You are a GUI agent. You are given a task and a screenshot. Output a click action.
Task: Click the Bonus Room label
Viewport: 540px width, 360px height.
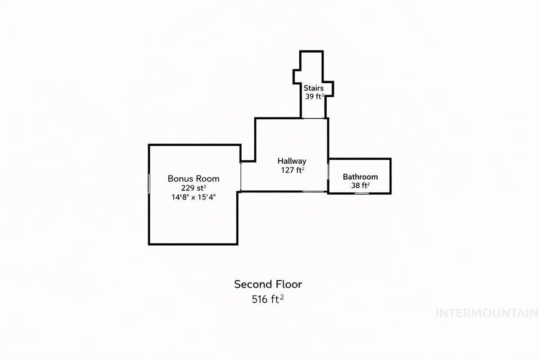coord(193,179)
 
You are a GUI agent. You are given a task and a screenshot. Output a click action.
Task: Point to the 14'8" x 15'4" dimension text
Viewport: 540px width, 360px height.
coord(193,197)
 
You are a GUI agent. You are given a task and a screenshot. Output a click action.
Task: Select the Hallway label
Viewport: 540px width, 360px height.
coord(292,161)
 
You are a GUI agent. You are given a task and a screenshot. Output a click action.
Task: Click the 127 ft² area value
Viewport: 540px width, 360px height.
coord(292,170)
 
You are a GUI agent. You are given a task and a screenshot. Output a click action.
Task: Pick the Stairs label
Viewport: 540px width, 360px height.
coord(313,88)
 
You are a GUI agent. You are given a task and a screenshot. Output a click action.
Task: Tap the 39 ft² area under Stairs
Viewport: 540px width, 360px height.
coord(315,96)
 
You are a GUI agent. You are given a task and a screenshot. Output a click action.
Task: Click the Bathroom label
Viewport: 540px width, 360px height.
coord(360,177)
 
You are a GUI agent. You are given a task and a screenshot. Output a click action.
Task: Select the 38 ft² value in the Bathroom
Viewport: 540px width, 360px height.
coord(360,185)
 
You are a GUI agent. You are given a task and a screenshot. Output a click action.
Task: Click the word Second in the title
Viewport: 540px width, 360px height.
coord(251,284)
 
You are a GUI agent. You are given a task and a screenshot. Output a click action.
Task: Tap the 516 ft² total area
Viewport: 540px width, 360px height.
coord(268,299)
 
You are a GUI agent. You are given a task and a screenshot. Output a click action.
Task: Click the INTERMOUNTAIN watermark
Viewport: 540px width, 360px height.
coord(487,314)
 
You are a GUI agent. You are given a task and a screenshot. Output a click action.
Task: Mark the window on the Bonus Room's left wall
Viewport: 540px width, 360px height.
coord(149,184)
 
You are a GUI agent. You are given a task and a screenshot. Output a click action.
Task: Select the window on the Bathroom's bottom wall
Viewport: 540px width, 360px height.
coord(362,193)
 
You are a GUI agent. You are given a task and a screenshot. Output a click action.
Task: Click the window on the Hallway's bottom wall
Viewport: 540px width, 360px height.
coord(313,191)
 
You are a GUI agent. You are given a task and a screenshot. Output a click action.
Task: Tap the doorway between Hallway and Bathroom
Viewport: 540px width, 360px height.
coord(328,171)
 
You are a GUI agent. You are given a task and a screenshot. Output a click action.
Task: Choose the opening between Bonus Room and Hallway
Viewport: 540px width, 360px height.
coord(241,177)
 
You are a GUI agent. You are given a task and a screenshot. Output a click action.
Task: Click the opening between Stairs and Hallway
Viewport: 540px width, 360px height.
coord(313,118)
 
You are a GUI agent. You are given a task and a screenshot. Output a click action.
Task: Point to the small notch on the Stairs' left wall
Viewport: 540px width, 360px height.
coord(294,77)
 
